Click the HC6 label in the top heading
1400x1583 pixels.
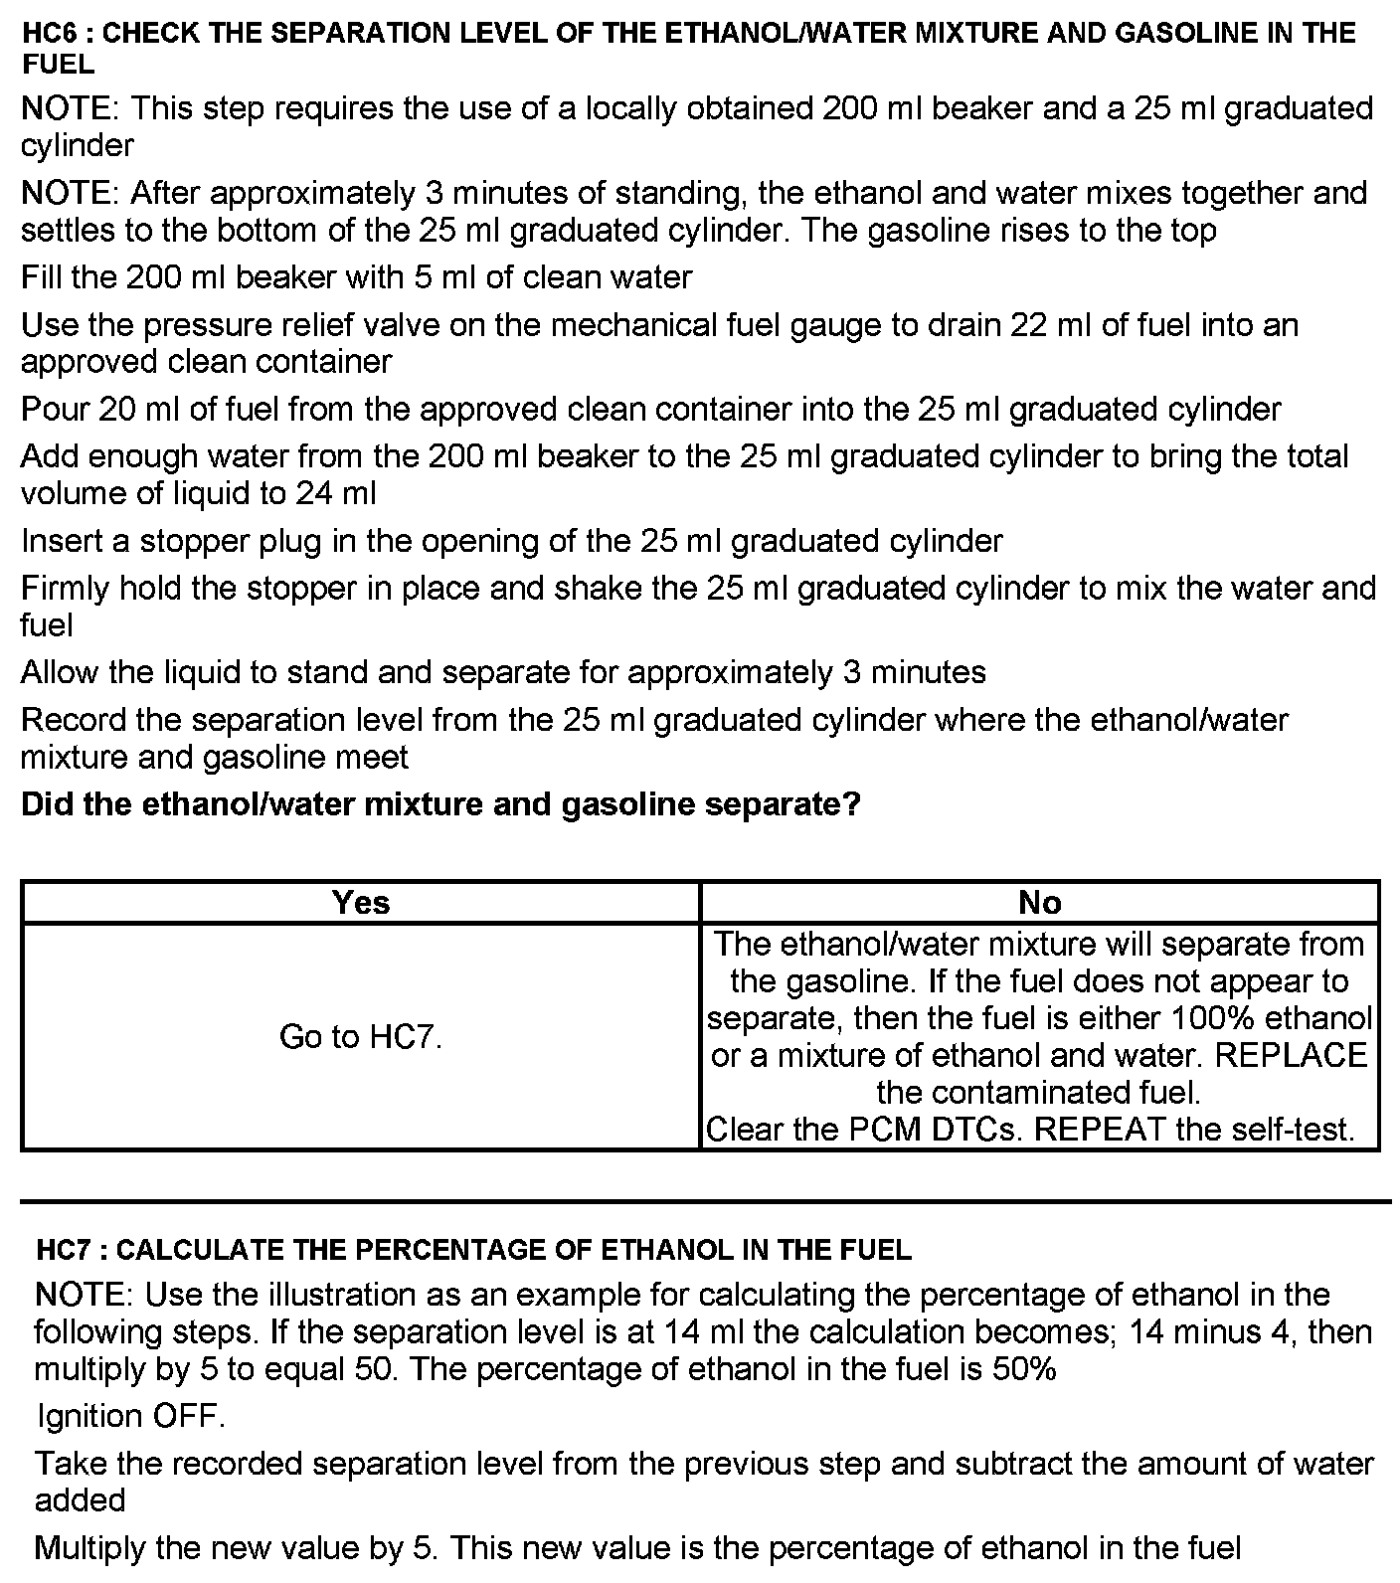point(49,33)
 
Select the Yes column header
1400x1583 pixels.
point(361,902)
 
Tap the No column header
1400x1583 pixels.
point(1039,902)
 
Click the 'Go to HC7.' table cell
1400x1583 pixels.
point(361,1037)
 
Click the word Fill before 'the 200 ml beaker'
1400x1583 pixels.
point(41,276)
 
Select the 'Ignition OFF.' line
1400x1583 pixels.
point(130,1416)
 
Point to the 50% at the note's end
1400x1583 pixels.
point(1024,1369)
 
